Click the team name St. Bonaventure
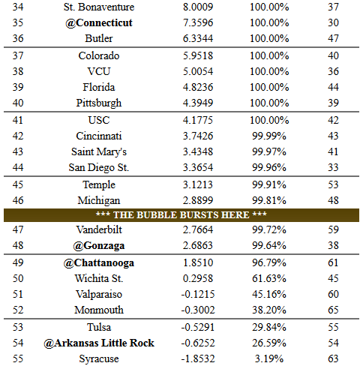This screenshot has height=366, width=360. coord(99,7)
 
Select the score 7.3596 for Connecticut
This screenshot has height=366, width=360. coord(198,22)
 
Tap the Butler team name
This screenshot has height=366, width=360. coord(99,38)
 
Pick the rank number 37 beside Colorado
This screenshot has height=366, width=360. coord(18,55)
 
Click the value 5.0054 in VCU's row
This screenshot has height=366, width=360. coord(198,71)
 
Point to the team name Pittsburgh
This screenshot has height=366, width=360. coord(99,103)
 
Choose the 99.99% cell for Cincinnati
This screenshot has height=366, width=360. coord(269,136)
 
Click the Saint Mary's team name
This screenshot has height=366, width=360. coord(99,152)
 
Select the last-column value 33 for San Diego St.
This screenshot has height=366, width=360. coord(333,167)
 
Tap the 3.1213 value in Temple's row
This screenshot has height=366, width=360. coord(198,184)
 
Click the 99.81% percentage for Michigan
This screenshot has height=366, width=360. coord(269,200)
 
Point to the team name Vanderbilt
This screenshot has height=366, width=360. coord(99,229)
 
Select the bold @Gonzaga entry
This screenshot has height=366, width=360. coord(99,246)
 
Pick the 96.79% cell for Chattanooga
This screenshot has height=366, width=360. coord(269,262)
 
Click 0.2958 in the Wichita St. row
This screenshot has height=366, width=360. coord(198,278)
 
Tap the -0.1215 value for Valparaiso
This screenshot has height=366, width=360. coord(198,294)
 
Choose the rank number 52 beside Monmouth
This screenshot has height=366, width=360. coord(18,310)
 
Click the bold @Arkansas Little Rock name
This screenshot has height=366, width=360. coord(99,343)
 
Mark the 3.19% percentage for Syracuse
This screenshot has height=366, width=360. coord(269,358)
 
